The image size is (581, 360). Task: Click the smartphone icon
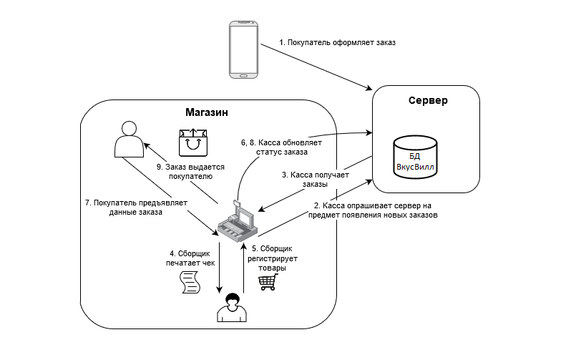[243, 49]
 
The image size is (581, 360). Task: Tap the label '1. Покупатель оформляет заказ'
[338, 43]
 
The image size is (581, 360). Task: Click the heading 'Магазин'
[207, 112]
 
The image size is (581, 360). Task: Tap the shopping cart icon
[268, 282]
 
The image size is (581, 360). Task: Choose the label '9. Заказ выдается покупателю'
[190, 171]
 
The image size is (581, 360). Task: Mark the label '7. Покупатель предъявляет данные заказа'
[135, 208]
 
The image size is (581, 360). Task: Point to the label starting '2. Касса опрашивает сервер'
[372, 210]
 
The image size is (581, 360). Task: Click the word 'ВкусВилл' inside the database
[416, 166]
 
